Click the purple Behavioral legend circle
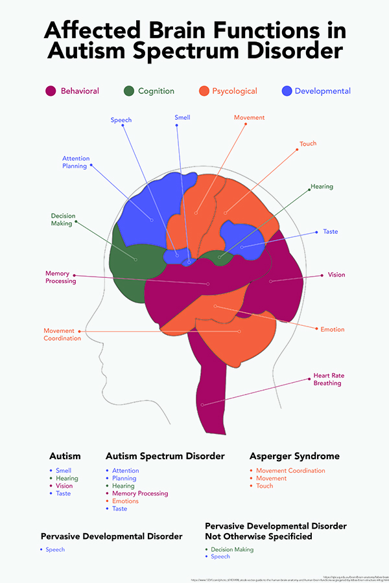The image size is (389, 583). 51,91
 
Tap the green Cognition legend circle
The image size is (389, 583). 128,91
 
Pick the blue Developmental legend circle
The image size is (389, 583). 286,91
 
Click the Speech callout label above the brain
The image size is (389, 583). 121,120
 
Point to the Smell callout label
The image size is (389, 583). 182,117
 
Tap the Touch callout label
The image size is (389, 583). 308,143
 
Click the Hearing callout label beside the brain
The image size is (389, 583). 322,187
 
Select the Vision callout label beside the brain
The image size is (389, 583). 336,275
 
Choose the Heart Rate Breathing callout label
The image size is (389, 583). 327,379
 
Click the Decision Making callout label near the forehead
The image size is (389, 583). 62,220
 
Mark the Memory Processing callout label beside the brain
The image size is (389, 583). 60,277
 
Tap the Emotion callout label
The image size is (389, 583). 333,330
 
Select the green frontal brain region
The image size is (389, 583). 133,259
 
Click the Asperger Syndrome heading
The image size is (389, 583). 294,456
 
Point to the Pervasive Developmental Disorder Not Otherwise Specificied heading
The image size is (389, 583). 276,531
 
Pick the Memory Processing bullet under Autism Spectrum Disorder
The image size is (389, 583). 140,494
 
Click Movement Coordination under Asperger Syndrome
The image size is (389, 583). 290,471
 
